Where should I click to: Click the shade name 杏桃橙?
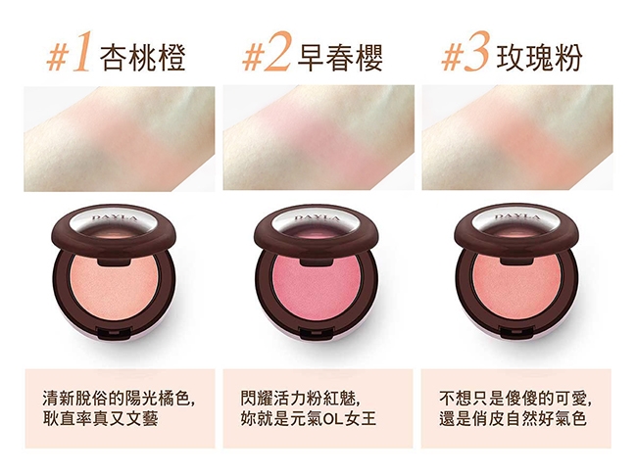(143, 57)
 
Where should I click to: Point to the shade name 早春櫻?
(340, 57)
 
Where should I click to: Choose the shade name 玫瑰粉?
(539, 57)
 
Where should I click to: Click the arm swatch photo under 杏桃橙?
(120, 139)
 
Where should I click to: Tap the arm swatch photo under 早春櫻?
(318, 138)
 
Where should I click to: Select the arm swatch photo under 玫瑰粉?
(517, 138)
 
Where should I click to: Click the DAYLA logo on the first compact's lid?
(115, 218)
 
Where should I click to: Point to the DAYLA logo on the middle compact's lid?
(317, 218)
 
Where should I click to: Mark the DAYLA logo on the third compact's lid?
(517, 217)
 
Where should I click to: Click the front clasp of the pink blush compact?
(317, 333)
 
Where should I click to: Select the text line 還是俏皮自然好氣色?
(513, 419)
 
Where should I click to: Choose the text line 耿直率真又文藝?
(100, 419)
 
